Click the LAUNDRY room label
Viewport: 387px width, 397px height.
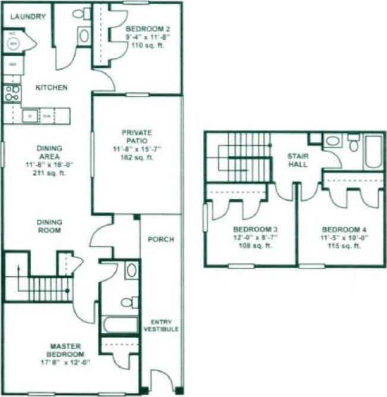point(28,17)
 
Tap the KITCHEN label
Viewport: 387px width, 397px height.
point(52,87)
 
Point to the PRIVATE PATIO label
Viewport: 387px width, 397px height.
point(137,136)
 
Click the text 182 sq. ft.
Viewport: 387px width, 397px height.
point(137,157)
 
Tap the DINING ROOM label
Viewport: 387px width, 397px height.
point(49,226)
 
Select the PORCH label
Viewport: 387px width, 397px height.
point(161,239)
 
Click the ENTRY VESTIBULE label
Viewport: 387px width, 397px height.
point(161,326)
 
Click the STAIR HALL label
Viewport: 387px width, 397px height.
point(297,160)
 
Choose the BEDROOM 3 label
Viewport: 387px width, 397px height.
point(250,229)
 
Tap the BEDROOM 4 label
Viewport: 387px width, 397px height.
point(341,229)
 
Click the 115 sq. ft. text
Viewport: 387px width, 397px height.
point(341,246)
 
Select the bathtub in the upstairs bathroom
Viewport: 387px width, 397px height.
point(374,152)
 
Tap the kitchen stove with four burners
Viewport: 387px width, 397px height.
point(12,93)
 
